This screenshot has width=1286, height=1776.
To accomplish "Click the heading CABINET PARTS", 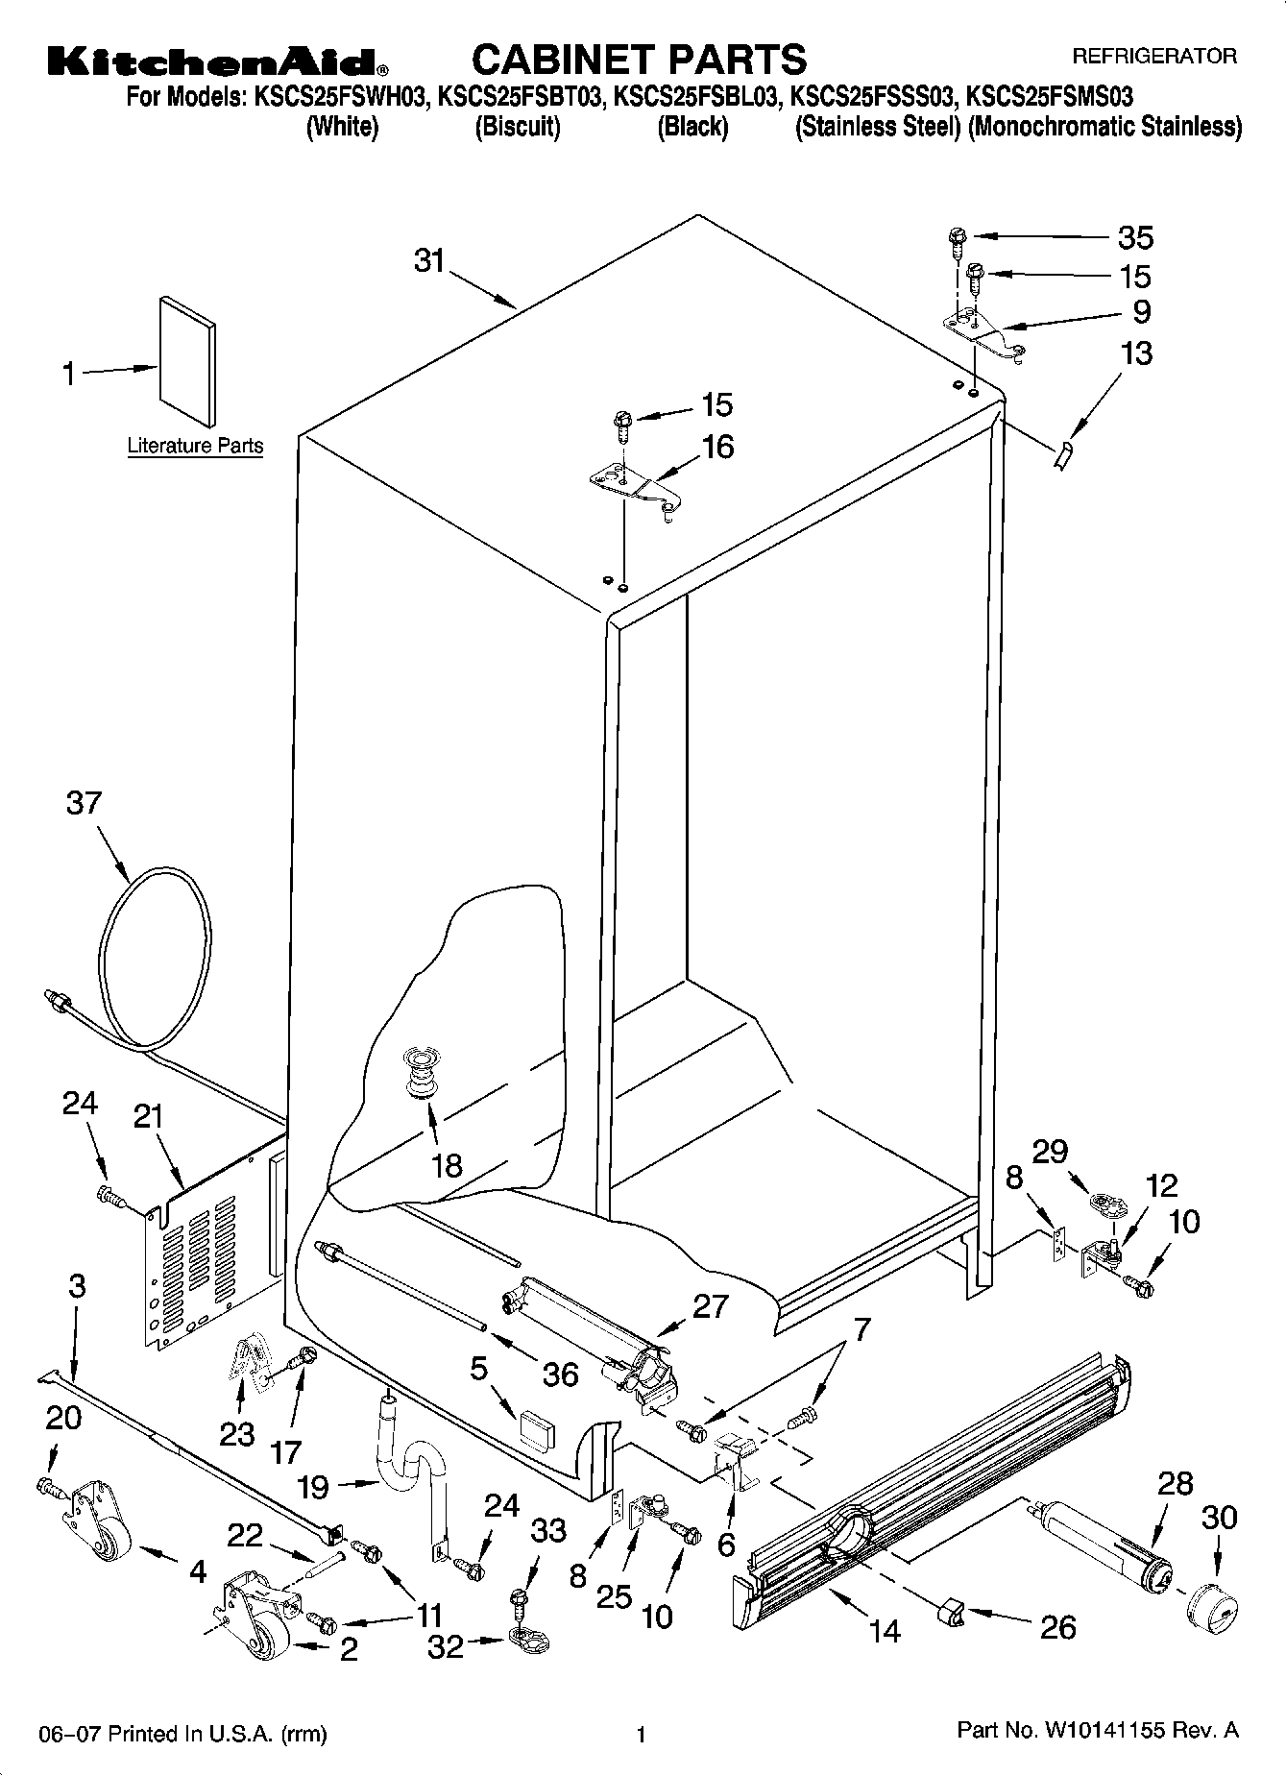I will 639,60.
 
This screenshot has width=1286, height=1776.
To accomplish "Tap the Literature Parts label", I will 195,446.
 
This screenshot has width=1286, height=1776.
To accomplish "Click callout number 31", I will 429,260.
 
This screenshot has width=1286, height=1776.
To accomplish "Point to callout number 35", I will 1135,237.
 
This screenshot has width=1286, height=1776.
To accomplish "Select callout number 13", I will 1135,353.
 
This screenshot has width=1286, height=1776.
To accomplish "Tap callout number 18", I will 447,1165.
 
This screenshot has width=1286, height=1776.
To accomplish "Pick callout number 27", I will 710,1306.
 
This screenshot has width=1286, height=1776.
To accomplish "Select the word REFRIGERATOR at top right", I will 1153,57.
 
